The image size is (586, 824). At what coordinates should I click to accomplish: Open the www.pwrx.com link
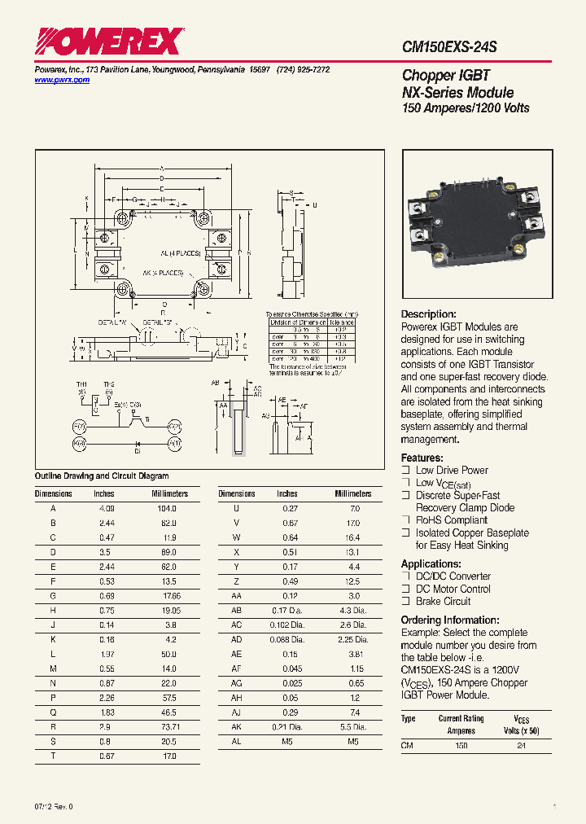click(x=62, y=80)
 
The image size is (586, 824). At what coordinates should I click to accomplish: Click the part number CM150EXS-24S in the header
click(x=449, y=48)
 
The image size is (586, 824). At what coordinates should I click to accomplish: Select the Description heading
click(x=429, y=314)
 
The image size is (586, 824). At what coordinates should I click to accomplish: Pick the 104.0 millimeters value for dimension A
click(x=165, y=508)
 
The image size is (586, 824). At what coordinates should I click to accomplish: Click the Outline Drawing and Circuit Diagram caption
click(x=102, y=476)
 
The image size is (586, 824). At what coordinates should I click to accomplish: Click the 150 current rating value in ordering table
click(x=461, y=746)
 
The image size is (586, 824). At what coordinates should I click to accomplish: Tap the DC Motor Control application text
click(x=453, y=589)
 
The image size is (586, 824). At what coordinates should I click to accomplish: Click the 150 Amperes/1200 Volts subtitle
click(x=466, y=108)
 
